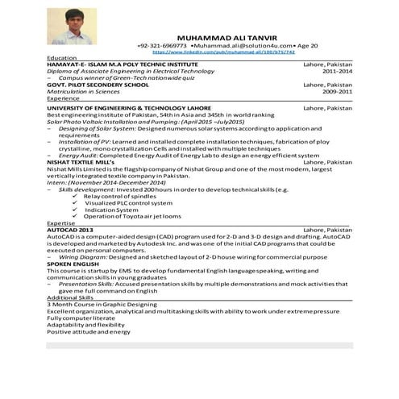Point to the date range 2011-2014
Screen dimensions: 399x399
(x=337, y=71)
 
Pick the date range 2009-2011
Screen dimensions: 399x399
(x=337, y=91)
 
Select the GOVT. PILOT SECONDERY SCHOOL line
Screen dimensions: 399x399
(x=98, y=85)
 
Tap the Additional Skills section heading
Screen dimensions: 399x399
(x=70, y=297)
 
